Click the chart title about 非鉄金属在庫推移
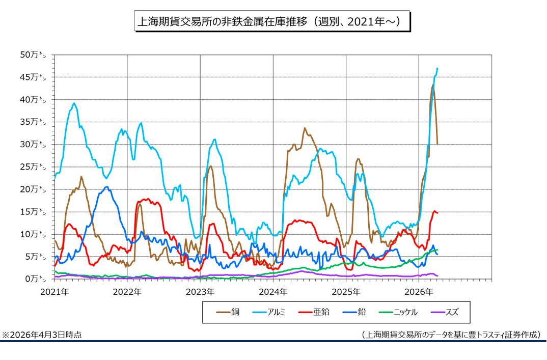coord(272,21)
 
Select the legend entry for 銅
coord(229,312)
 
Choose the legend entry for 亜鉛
coord(313,312)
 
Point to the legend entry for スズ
coord(445,312)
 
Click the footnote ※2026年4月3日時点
coord(42,335)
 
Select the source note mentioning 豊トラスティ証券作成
coord(450,335)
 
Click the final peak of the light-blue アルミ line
coord(437,68)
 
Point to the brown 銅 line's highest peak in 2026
coord(432,86)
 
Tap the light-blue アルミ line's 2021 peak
coord(74,103)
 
